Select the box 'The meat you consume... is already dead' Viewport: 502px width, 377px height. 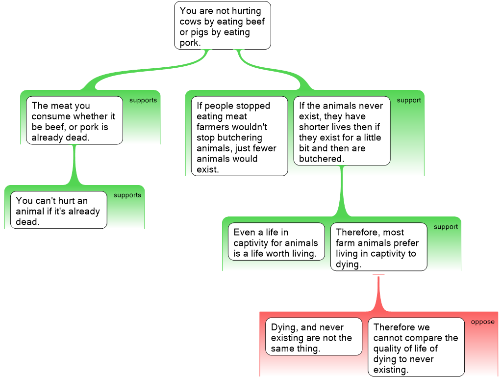click(74, 120)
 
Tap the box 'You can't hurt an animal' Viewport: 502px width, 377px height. click(58, 210)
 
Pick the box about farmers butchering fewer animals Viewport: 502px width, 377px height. click(239, 135)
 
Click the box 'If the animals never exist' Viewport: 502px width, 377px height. click(342, 131)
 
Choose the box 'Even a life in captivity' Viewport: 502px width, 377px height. click(276, 242)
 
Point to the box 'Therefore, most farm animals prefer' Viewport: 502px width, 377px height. click(378, 247)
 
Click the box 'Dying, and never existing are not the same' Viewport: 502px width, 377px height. click(313, 336)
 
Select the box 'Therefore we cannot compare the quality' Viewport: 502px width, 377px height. click(416, 347)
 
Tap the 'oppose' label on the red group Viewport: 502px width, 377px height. click(482, 322)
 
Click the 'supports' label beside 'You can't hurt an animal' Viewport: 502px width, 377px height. click(127, 195)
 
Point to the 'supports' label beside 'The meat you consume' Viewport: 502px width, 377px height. click(143, 101)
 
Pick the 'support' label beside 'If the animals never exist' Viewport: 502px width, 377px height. click(408, 101)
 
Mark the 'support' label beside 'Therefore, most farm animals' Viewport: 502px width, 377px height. click(446, 227)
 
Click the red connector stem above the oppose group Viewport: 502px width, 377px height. click(378, 295)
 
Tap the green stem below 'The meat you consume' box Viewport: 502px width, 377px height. click(75, 164)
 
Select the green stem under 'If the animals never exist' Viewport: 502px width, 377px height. click(342, 191)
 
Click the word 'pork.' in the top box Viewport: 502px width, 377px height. click(190, 43)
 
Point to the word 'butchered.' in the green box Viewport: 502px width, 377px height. click(321, 159)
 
